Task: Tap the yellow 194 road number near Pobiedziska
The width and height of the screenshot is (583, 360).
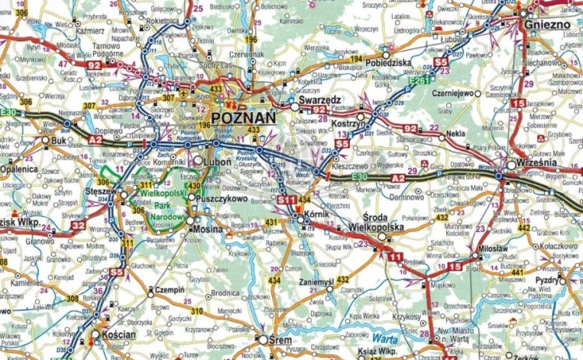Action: tap(355, 59)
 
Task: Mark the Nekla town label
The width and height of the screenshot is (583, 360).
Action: tap(456, 133)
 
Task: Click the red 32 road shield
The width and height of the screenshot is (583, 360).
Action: tap(78, 225)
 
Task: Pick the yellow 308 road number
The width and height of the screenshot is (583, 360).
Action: tap(72, 298)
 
